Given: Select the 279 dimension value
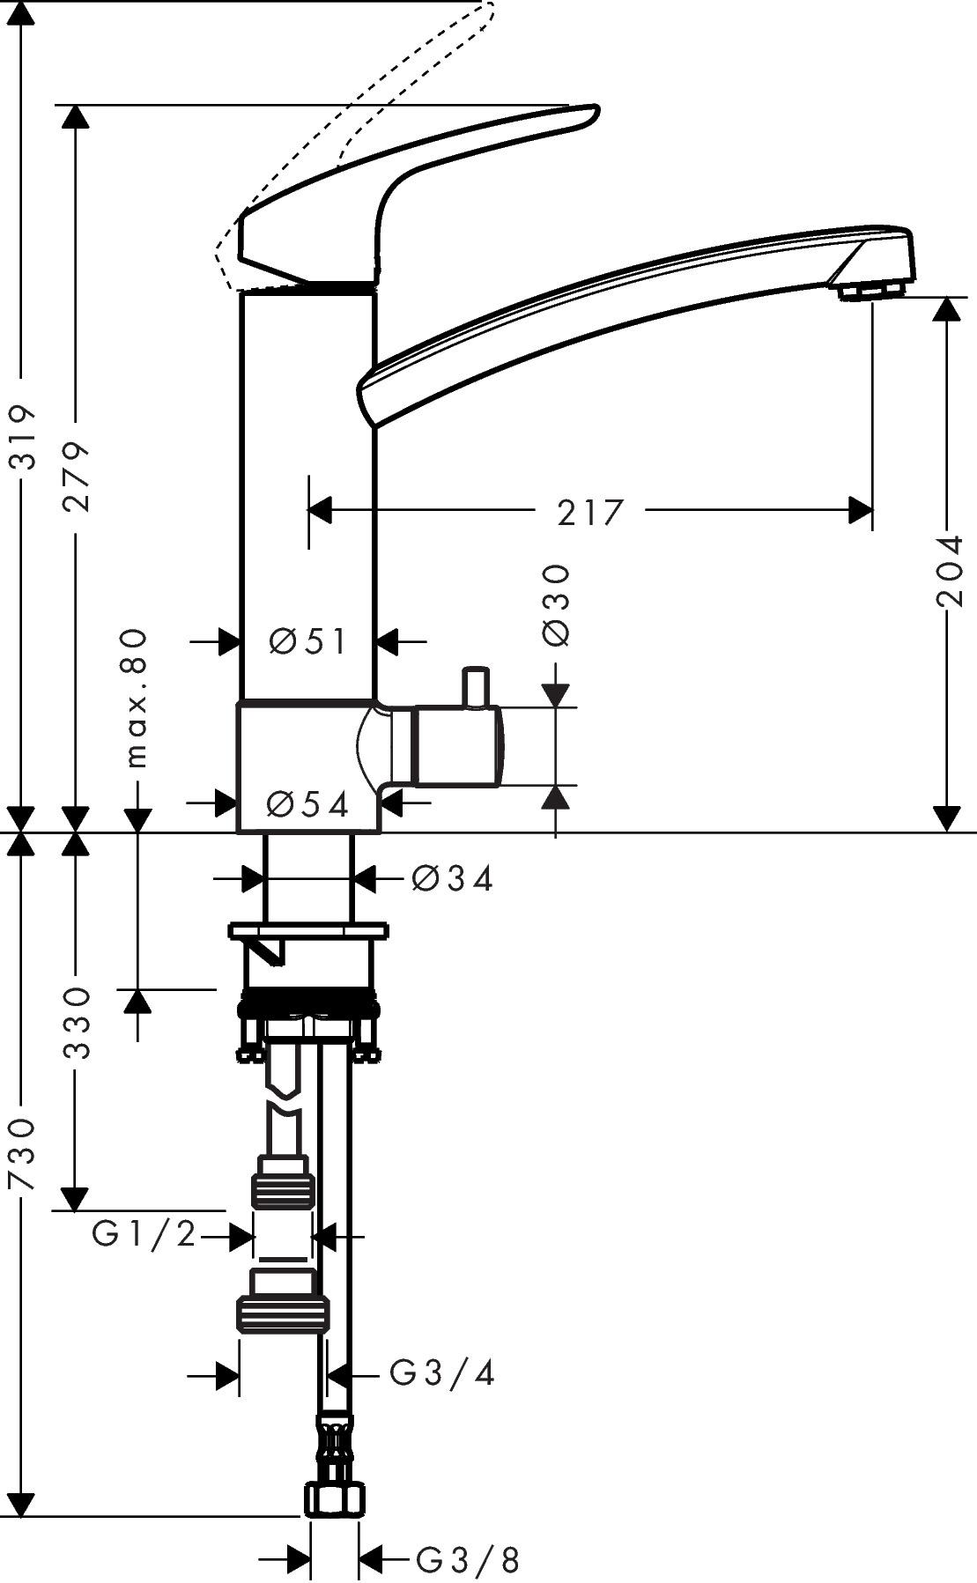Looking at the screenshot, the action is tap(77, 477).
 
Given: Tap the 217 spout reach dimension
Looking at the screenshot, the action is tap(589, 512).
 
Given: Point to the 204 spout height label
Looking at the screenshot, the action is tap(951, 572).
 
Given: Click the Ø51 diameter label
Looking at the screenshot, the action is tap(308, 641).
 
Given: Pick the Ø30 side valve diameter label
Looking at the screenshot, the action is tap(558, 605).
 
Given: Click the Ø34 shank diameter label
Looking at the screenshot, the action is tap(452, 877).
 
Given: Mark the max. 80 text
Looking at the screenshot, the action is tap(137, 697).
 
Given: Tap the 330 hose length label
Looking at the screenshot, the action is tap(77, 1023).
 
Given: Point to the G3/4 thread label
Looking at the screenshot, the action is tap(442, 1372).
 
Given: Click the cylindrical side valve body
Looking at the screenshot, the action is tap(458, 745).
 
